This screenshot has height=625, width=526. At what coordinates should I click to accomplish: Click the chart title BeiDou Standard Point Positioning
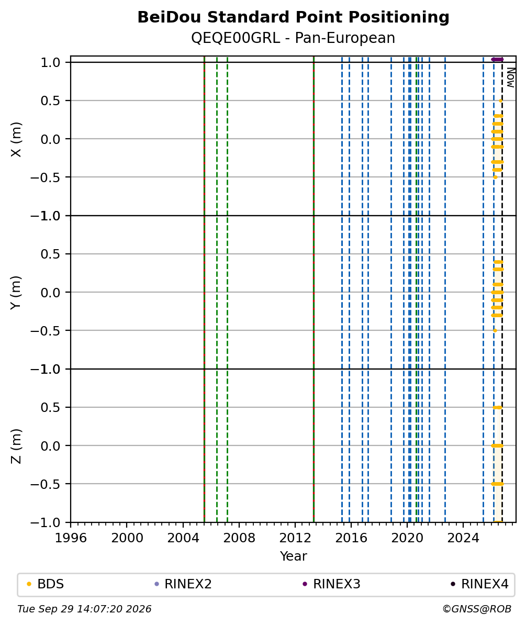[x=293, y=17]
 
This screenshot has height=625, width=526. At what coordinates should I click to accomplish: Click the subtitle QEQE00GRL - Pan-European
[x=293, y=38]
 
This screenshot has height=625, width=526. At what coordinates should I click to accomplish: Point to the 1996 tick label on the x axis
[x=71, y=538]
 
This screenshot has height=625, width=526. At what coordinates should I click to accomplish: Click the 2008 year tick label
[x=239, y=538]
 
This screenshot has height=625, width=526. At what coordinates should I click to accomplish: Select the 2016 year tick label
[x=351, y=538]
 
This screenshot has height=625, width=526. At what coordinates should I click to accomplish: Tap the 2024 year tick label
[x=463, y=538]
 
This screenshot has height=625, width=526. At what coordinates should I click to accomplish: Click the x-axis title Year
[x=293, y=556]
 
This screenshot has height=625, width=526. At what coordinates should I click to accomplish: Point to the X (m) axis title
[x=16, y=139]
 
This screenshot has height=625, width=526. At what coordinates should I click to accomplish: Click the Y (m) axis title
[x=16, y=292]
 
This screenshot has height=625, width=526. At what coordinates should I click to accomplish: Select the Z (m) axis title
[x=16, y=445]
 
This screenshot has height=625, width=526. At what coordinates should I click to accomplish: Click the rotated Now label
[x=510, y=77]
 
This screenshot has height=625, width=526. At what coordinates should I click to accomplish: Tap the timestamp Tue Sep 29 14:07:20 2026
[x=84, y=609]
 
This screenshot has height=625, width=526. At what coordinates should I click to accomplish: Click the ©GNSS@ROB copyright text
[x=477, y=609]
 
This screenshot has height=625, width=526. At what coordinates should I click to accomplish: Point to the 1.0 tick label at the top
[x=50, y=63]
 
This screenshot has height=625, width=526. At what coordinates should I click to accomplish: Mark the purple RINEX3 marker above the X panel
[x=497, y=59]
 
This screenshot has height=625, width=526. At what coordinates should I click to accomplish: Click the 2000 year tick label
[x=127, y=538]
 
